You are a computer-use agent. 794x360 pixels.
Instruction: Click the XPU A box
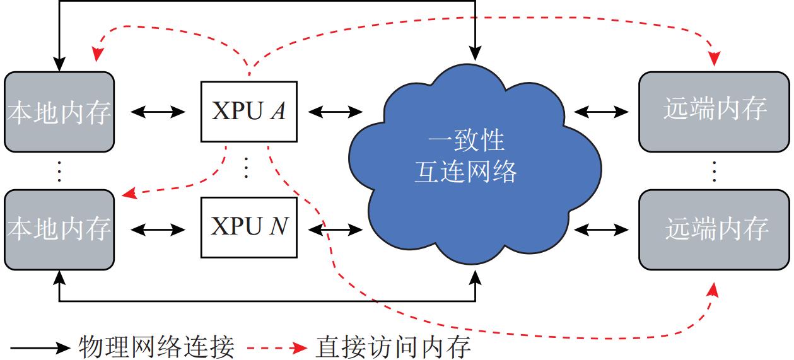tap(248, 112)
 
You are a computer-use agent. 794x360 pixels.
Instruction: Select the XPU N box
tap(248, 227)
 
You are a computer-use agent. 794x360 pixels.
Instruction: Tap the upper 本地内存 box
tap(59, 112)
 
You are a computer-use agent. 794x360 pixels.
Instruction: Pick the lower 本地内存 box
tap(59, 228)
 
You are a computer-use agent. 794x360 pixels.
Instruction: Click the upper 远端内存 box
tap(715, 112)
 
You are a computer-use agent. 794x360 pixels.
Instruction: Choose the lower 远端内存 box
tap(715, 228)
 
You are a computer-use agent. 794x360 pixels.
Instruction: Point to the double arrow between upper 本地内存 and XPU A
tap(158, 112)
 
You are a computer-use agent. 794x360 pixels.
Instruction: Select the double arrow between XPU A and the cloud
tap(335, 112)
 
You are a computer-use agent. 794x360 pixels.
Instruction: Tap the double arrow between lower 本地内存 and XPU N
tap(158, 228)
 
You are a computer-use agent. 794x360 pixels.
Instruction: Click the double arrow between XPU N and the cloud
tap(335, 228)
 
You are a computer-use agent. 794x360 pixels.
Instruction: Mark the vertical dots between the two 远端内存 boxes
tap(715, 170)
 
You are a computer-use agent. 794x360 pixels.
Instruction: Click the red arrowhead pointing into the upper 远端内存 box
tap(715, 59)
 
